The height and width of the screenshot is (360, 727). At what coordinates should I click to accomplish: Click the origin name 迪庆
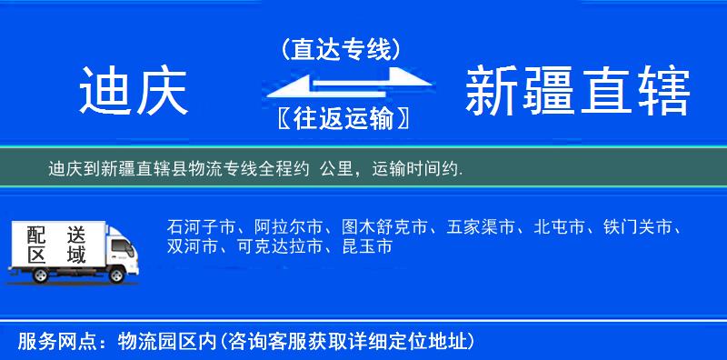click(134, 92)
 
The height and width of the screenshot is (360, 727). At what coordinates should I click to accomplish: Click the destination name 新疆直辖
click(578, 92)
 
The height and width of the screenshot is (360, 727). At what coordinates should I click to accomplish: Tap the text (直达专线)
click(342, 49)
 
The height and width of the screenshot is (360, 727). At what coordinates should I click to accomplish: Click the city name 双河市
click(192, 246)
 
